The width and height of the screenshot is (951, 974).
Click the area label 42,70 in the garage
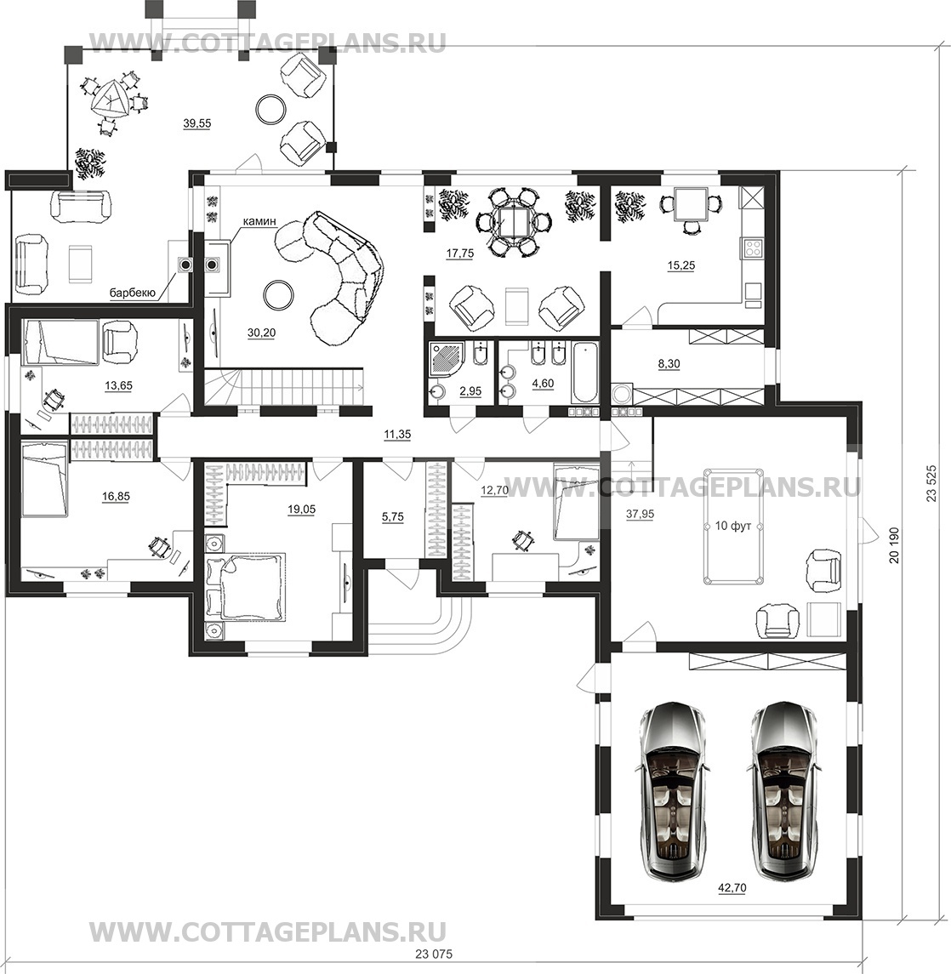[x=732, y=887]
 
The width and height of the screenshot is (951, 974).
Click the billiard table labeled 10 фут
[x=733, y=527]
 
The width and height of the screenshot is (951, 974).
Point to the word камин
[x=259, y=220]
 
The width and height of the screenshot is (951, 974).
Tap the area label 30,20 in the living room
[x=261, y=333]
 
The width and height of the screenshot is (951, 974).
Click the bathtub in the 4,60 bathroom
[x=584, y=371]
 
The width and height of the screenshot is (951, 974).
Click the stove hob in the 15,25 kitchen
[x=754, y=248]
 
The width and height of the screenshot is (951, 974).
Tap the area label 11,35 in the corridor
[x=397, y=434]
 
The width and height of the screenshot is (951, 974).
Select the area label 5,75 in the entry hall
[x=393, y=516]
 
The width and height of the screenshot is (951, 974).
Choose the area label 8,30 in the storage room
[x=669, y=364]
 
